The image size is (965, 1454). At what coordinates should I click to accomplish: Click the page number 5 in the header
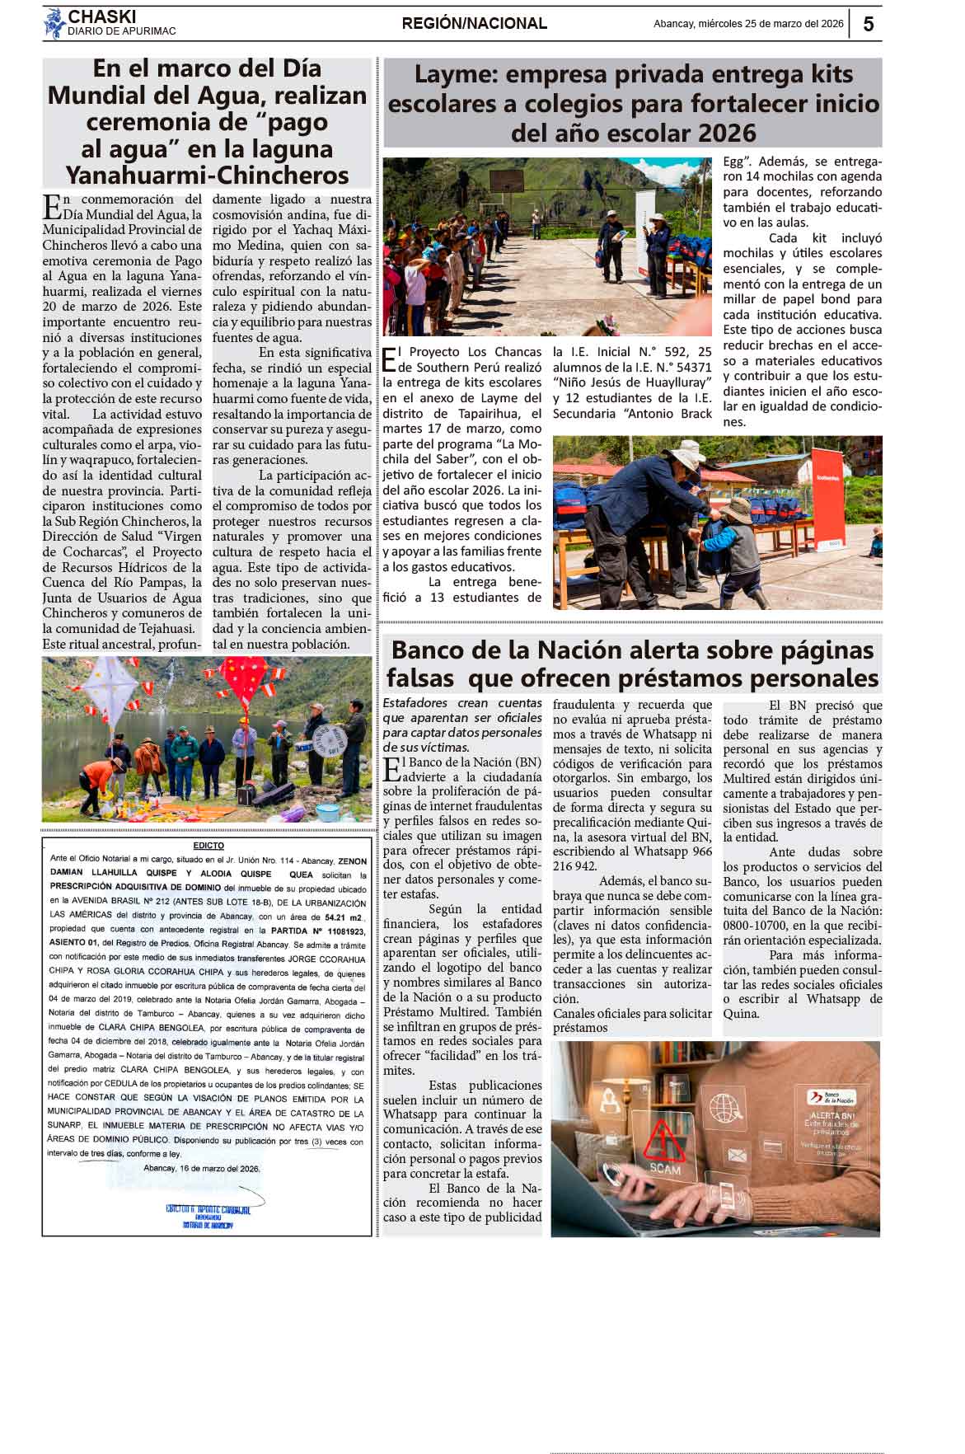(868, 25)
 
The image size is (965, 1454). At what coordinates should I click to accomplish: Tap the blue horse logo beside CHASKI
(54, 24)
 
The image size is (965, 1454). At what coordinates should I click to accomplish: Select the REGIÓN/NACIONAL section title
(474, 24)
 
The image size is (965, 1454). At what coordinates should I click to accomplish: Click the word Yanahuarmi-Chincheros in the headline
(207, 176)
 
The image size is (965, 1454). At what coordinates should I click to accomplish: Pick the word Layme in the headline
(451, 74)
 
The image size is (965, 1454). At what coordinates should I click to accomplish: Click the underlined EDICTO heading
(208, 846)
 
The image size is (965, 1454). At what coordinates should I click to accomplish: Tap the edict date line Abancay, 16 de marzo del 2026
(202, 1169)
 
